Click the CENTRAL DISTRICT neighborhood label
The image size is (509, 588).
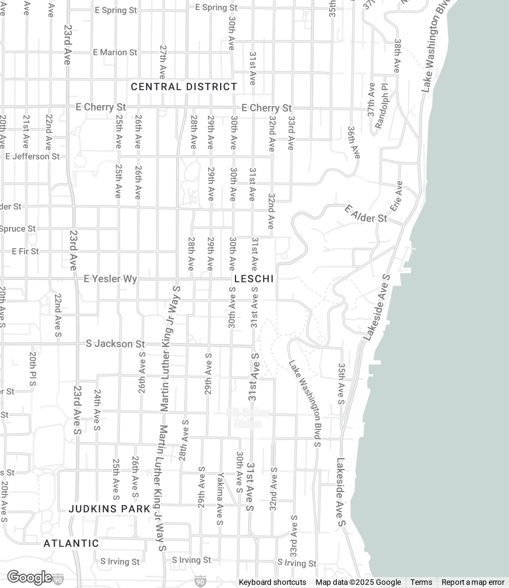[x=184, y=87]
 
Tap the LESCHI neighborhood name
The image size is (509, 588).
[x=254, y=279]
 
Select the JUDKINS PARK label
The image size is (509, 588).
[x=110, y=509]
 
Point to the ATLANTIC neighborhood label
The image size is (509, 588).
[x=71, y=543]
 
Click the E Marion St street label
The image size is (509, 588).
[x=115, y=52]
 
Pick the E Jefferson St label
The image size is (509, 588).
[x=32, y=156]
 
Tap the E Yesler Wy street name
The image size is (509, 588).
[x=110, y=279]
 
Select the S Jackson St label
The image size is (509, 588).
[x=115, y=344]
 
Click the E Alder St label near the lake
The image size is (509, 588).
[x=366, y=214]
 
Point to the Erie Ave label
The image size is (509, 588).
[x=396, y=196]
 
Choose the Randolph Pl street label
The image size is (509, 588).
[x=381, y=106]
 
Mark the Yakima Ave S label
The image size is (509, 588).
[x=220, y=499]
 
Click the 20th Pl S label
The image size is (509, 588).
[x=33, y=368]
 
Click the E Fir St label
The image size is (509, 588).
[x=25, y=251]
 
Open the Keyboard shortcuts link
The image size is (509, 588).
[x=273, y=582]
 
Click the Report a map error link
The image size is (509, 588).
[x=473, y=582]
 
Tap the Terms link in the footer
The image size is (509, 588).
[x=421, y=582]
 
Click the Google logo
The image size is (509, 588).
[x=29, y=577]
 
